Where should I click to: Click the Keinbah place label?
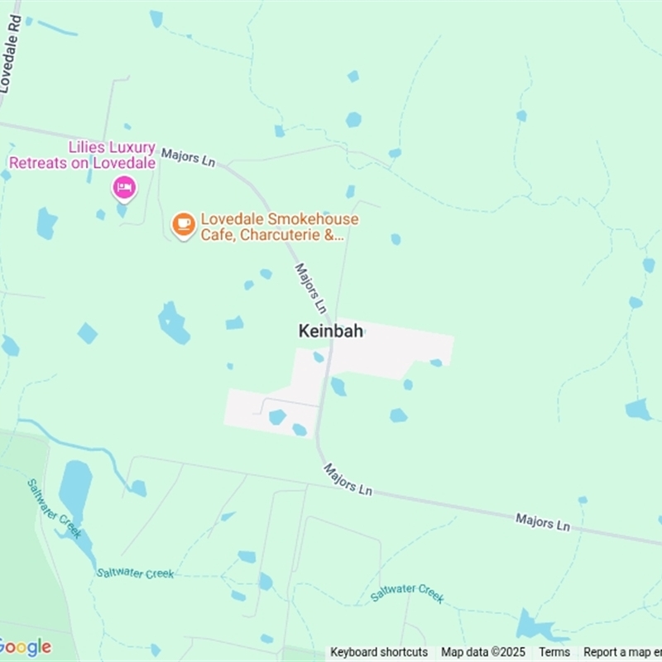click(330, 331)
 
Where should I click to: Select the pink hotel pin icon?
click(124, 188)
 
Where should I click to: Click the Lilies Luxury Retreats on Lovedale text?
click(82, 155)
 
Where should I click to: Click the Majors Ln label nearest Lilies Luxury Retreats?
click(188, 157)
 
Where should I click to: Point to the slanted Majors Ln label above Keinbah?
click(311, 287)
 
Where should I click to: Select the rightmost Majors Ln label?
click(543, 522)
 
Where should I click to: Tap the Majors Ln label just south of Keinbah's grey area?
click(348, 480)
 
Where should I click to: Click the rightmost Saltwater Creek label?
click(408, 592)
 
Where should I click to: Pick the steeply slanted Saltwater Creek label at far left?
click(55, 508)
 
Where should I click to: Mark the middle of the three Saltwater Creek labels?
click(135, 573)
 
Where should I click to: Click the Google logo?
click(25, 647)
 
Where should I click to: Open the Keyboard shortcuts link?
click(379, 652)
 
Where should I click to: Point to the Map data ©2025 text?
click(483, 652)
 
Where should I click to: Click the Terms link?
click(554, 652)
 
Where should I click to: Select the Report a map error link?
click(621, 652)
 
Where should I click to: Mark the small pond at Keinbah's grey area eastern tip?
click(436, 362)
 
